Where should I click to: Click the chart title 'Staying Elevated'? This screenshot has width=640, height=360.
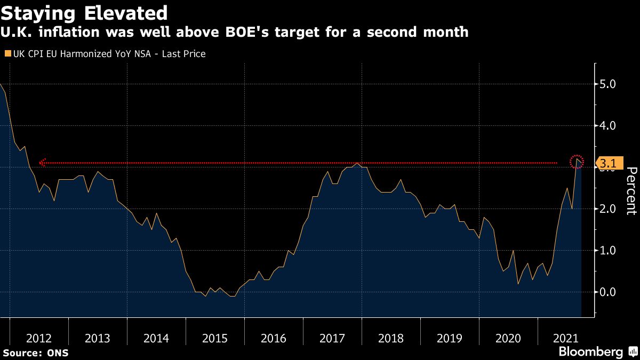click(85, 12)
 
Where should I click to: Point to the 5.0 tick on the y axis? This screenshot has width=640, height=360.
click(608, 84)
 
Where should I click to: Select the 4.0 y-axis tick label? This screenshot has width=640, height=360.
click(608, 126)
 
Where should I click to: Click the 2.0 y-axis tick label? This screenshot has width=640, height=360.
click(608, 209)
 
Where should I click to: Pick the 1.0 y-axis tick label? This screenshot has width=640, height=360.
click(608, 250)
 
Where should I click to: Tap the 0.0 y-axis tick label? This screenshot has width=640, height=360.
click(608, 292)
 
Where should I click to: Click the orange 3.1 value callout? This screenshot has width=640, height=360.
click(609, 163)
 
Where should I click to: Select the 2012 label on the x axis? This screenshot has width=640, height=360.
click(39, 338)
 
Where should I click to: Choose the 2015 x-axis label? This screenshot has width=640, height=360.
click(215, 338)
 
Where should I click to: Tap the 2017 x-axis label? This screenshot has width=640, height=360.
click(332, 338)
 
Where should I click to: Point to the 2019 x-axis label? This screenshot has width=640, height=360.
click(450, 338)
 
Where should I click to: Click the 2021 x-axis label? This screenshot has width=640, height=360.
click(565, 338)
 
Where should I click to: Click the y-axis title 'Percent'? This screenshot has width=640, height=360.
click(631, 190)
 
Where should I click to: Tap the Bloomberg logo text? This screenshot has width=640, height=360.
click(591, 352)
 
